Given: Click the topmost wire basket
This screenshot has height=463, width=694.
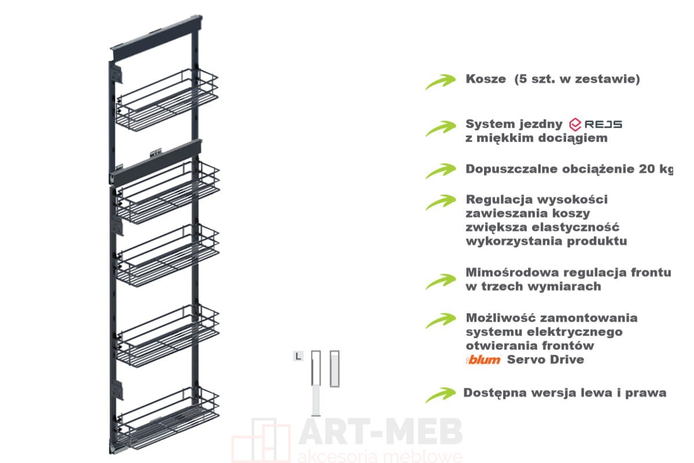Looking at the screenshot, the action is coord(167,100).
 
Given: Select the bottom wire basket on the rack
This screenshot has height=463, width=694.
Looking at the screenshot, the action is coord(168,418).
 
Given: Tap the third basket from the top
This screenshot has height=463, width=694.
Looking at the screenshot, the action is coord(168,256).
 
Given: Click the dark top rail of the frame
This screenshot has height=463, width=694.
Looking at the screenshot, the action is coord(157,38).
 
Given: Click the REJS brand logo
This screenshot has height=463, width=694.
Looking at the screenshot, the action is coord(595,124).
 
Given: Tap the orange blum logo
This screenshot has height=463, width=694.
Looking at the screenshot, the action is coord(483,360).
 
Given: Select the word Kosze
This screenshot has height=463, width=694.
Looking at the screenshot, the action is coord(486,79).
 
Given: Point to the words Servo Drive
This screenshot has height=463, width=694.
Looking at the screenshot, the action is coord(545,359).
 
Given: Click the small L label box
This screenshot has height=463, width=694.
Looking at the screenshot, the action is coord(298,357).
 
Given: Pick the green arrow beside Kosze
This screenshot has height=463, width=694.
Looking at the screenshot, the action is coord(440,82).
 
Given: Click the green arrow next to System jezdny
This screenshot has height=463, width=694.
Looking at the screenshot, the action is coord(441,128).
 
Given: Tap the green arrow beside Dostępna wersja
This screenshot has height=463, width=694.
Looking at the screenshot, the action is coord(440,395).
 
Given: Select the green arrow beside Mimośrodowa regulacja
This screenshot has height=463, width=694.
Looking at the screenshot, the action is coord(441,282).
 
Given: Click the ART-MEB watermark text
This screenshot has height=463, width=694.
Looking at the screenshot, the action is coord(381,431).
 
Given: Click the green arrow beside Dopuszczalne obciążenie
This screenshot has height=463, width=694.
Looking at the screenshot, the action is coord(441,171).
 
